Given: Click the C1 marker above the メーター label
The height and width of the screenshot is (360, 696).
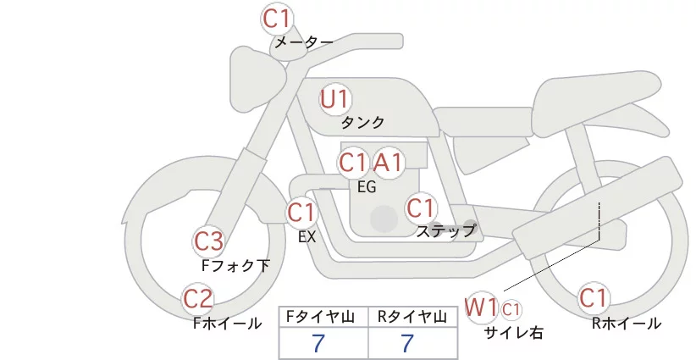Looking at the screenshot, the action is point(276,19).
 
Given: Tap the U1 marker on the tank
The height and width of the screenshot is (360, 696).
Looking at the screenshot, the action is point(335,99).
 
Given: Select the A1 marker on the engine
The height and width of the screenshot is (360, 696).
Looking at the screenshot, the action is point(389,163).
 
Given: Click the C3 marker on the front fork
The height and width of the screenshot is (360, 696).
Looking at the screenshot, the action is point(208,241).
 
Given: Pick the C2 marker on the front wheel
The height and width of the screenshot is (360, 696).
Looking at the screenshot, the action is point(197,299).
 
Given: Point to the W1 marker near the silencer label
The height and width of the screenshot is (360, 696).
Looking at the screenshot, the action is point(481,307).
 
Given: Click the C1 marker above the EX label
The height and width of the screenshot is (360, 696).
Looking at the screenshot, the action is point(301,213).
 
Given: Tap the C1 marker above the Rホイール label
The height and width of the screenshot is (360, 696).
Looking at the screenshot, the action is point(593,298).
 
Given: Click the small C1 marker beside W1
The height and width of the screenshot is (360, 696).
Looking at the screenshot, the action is point(511,309).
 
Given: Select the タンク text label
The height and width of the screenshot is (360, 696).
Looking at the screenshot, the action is point(362,123).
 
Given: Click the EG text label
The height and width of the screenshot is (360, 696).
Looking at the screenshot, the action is point(367,187).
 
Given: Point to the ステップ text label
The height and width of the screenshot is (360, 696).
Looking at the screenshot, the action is point(445,231).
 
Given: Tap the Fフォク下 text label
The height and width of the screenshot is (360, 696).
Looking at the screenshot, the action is point(235,265).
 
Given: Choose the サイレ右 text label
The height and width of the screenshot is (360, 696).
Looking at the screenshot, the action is point(513,333).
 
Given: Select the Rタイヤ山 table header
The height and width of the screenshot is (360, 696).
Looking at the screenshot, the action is point(412,317).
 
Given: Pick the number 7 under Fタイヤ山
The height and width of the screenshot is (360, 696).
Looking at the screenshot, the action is point(318,343).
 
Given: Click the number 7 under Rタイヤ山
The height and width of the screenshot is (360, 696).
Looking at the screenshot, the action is point(407,343).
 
